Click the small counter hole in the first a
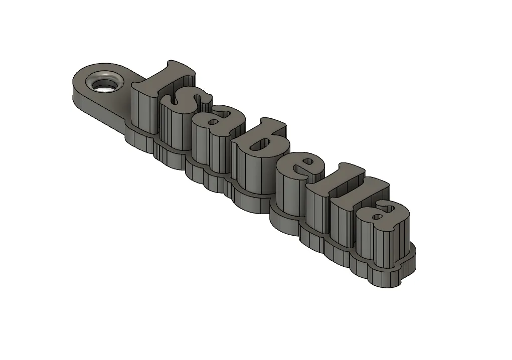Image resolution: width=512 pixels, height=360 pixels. [214, 122]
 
